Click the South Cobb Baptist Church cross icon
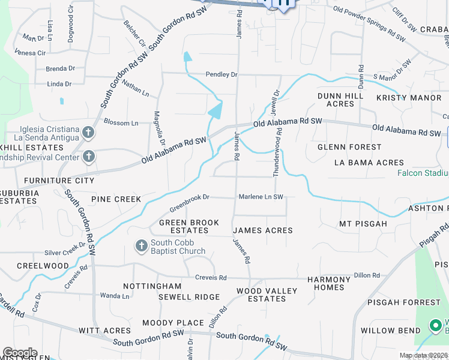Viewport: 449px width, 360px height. [x=141, y=246]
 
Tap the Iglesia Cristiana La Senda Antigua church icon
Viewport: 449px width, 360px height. [x=88, y=132]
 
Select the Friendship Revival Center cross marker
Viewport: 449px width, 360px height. [x=88, y=157]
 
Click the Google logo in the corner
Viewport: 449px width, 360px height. [x=20, y=353]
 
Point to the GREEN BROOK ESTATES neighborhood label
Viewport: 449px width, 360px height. [x=189, y=226]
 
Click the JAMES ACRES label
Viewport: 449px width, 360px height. [x=262, y=230]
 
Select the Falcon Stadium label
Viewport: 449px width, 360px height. [x=423, y=173]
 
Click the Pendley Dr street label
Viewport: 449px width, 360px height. [x=221, y=74]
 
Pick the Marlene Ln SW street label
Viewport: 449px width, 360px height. [x=261, y=196]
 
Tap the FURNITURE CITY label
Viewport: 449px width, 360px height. [x=59, y=180]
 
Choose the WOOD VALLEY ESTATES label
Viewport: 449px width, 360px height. [x=267, y=295]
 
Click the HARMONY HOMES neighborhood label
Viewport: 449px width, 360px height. [x=329, y=283]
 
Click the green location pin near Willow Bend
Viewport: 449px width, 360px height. [x=435, y=326]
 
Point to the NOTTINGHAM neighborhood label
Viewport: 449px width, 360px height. [x=152, y=286]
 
